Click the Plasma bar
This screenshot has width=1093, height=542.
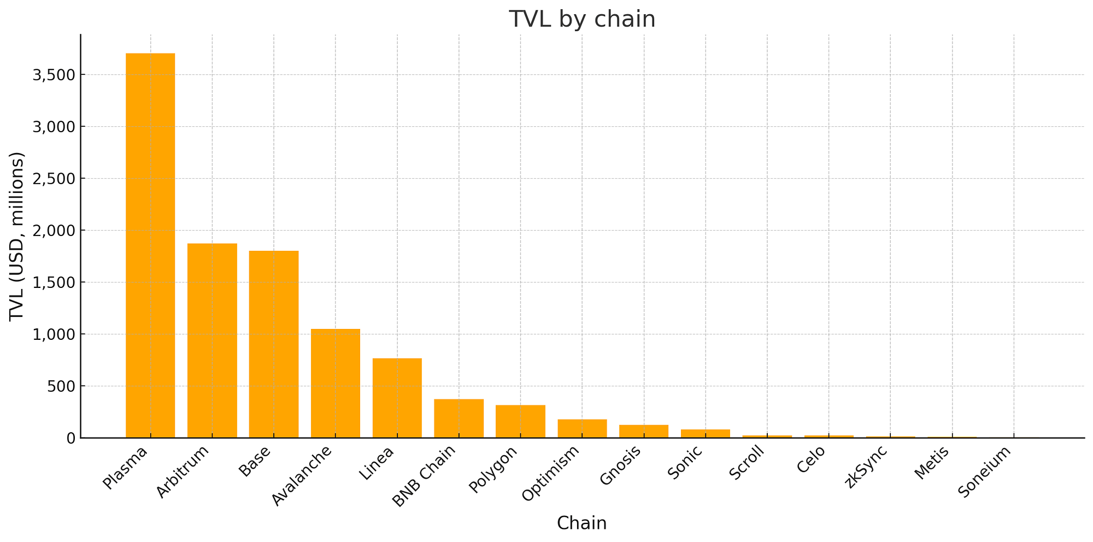(150, 246)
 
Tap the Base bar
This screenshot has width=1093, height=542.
(274, 344)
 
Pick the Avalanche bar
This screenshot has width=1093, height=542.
(336, 383)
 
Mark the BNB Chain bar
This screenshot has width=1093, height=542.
(459, 419)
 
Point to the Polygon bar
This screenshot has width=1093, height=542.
(520, 421)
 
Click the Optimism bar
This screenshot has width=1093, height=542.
(582, 428)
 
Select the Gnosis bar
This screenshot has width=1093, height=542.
(644, 431)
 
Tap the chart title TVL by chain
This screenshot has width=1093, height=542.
(582, 19)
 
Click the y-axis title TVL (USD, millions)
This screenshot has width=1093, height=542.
(17, 236)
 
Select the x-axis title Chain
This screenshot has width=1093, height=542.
(581, 523)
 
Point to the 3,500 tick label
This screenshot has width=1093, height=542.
(53, 75)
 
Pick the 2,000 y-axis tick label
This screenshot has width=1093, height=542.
(53, 231)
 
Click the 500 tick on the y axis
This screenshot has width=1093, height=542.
(61, 386)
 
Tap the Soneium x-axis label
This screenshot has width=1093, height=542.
(984, 472)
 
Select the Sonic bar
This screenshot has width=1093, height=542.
(706, 433)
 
